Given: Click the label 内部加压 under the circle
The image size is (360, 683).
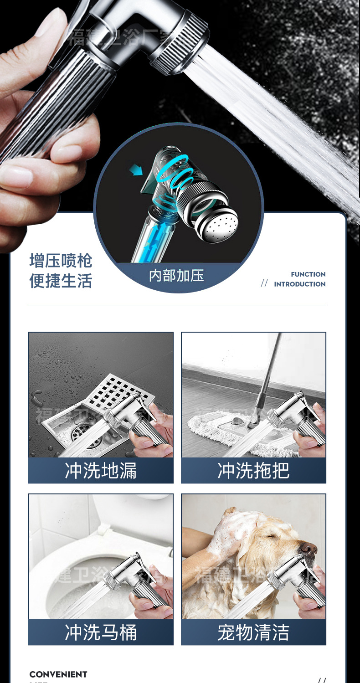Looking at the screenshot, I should [x=176, y=275].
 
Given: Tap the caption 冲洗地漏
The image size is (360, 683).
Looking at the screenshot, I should [x=101, y=471].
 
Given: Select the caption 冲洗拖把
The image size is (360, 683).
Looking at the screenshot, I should [x=253, y=471].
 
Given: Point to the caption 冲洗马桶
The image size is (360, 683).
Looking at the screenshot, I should [x=101, y=632].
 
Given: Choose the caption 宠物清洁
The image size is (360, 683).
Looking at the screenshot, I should [x=253, y=632].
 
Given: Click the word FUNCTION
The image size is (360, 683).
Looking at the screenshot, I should [x=308, y=274].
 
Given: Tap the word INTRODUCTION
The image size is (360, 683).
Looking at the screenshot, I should [x=299, y=284].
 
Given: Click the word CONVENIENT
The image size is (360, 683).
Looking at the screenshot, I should [x=58, y=674].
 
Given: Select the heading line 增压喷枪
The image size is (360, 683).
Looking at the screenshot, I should [x=61, y=261].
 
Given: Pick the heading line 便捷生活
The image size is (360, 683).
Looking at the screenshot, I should [x=61, y=281].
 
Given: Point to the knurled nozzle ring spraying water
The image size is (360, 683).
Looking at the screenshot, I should [x=180, y=43].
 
